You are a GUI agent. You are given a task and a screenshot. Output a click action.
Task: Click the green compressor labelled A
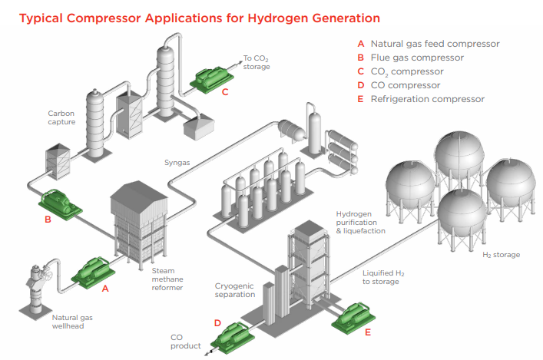click(92, 269)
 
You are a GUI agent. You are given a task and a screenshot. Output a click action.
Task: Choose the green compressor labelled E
click(354, 315)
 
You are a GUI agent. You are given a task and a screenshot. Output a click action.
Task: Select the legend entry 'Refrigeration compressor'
click(428, 99)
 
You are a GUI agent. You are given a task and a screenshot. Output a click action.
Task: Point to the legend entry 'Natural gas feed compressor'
click(435, 44)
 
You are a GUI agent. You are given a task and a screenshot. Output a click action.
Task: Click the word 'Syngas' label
click(177, 162)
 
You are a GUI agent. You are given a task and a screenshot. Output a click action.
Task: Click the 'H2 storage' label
click(501, 254)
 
